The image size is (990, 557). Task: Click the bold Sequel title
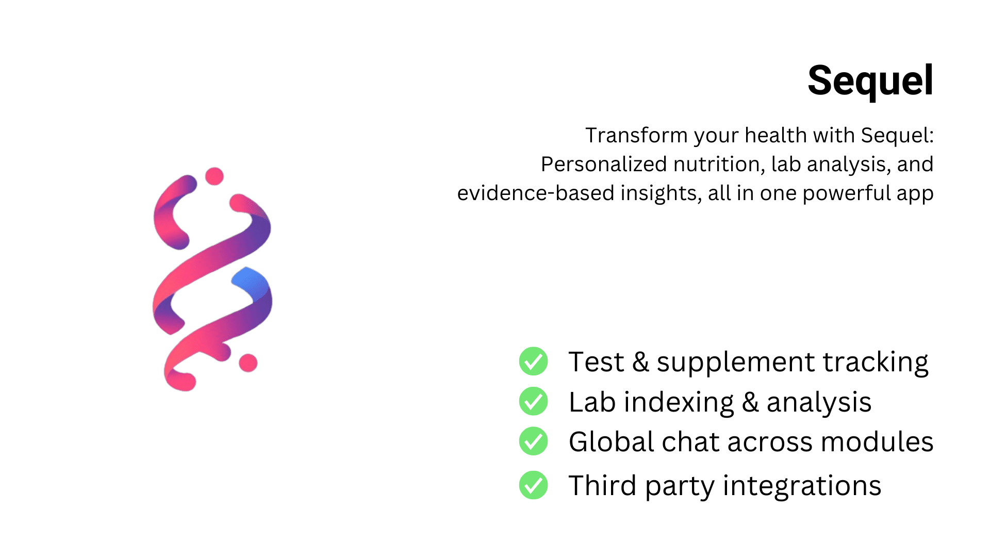tap(870, 80)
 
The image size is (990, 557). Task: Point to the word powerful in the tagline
tap(847, 193)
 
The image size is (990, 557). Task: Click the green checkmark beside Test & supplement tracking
tap(533, 361)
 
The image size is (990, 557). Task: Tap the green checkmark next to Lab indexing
tap(533, 401)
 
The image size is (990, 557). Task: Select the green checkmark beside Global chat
tap(533, 441)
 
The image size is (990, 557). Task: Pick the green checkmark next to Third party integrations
tap(533, 485)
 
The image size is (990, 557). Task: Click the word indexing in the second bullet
tap(679, 403)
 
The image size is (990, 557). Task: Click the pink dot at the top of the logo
tap(214, 176)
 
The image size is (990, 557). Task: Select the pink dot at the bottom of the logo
tap(248, 363)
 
